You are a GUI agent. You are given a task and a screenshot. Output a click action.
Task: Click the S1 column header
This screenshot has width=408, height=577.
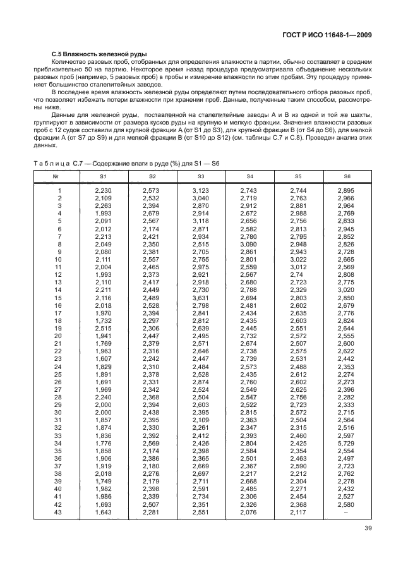tap(103, 176)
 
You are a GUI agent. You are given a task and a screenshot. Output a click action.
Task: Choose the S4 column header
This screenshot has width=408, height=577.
tap(249, 176)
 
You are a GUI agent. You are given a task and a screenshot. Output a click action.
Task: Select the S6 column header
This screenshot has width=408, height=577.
tap(346, 176)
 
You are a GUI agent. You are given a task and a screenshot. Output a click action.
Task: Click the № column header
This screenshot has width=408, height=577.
tap(56, 176)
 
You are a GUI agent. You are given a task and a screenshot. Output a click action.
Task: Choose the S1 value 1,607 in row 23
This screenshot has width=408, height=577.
tap(103, 358)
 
